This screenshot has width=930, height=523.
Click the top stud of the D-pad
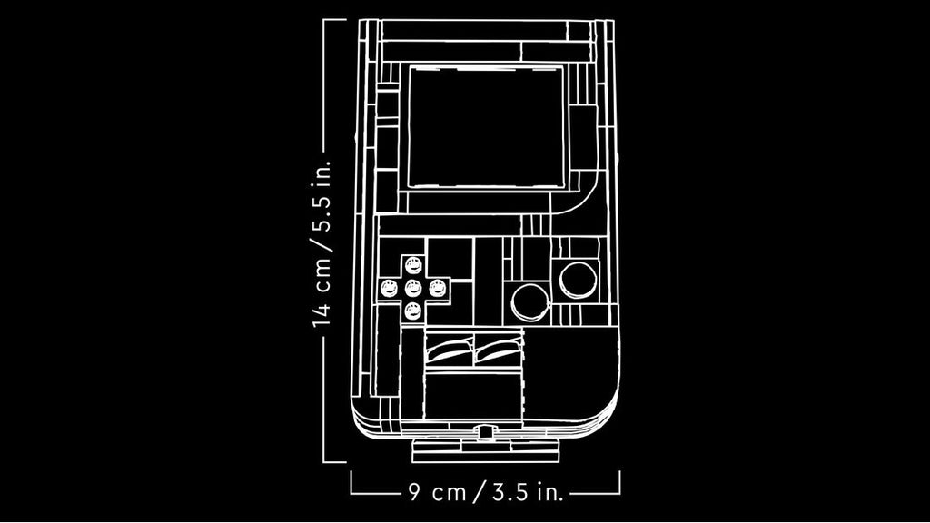click(x=413, y=265)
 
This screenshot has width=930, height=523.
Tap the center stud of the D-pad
click(x=413, y=289)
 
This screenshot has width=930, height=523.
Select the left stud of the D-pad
click(x=389, y=289)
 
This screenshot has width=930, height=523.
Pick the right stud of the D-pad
click(x=437, y=289)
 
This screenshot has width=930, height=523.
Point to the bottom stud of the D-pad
click(x=413, y=311)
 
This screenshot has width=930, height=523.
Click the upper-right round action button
click(x=579, y=280)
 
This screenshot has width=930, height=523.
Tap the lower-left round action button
click(x=530, y=302)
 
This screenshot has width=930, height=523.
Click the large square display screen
click(x=486, y=127)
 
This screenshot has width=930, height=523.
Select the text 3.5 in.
click(x=528, y=492)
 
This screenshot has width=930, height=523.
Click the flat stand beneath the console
click(x=486, y=450)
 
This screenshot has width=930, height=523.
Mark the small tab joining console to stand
click(x=486, y=432)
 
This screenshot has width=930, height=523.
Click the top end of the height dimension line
click(x=324, y=20)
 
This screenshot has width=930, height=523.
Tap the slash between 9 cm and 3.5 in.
click(x=480, y=492)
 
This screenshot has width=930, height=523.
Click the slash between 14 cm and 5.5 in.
click(x=322, y=245)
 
